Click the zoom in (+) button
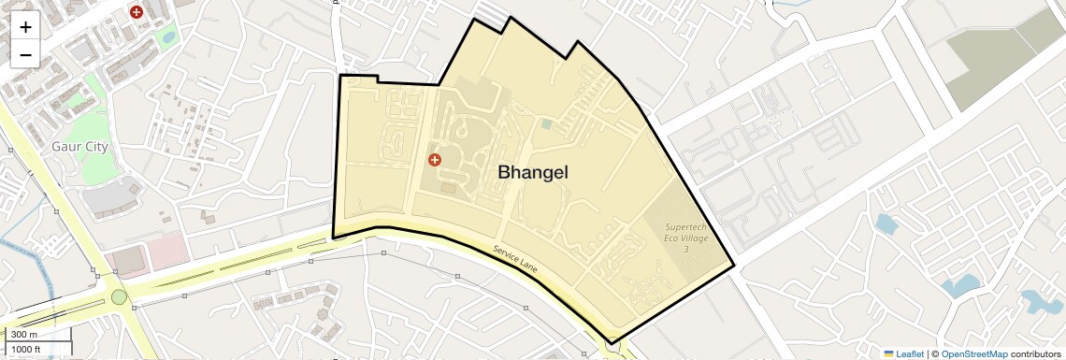click(x=25, y=27)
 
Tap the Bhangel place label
click(x=532, y=173)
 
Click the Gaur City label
click(x=79, y=147)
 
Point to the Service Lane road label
click(x=516, y=261)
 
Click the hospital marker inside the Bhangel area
click(x=434, y=160)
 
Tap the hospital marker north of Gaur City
click(x=137, y=12)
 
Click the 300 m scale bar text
click(x=24, y=335)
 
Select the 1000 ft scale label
click(x=26, y=349)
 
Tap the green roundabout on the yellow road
click(x=119, y=297)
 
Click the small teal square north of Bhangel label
click(x=546, y=123)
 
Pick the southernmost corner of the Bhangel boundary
click(x=611, y=343)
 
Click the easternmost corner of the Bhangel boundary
click(x=734, y=267)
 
